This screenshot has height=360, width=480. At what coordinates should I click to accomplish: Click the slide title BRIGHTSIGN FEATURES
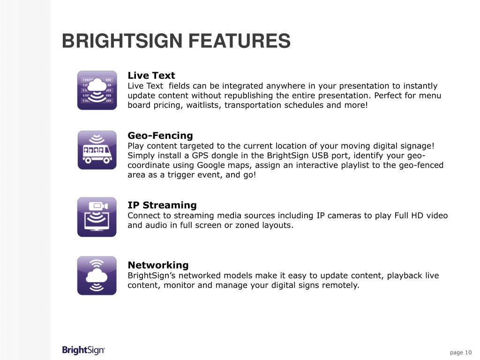[176, 41]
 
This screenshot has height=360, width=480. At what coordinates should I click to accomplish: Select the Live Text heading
[151, 75]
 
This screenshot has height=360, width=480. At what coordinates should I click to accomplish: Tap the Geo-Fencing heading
[160, 135]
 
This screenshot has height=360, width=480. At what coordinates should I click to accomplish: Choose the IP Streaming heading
[162, 205]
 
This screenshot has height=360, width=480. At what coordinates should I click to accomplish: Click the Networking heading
[158, 265]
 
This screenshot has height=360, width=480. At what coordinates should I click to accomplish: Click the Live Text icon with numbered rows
[97, 90]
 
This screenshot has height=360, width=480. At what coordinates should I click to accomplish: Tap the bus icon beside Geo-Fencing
[97, 150]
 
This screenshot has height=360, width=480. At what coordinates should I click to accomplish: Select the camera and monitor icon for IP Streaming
[97, 217]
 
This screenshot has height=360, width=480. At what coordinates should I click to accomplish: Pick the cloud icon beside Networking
[97, 276]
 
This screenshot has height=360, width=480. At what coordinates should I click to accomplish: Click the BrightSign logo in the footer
[83, 351]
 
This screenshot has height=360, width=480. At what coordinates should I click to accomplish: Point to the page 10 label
[461, 352]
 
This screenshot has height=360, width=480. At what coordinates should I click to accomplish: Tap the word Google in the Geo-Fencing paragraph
[211, 165]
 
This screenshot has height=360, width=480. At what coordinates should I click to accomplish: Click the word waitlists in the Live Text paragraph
[203, 105]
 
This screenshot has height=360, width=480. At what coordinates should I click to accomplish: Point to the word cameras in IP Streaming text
[344, 216]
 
